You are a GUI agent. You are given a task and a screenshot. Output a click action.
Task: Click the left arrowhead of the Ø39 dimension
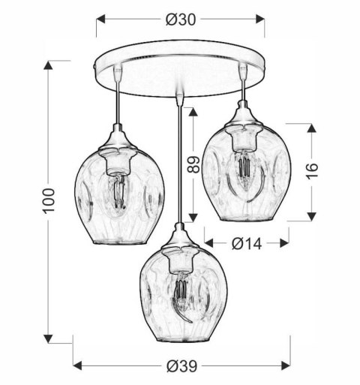click(76, 365)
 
